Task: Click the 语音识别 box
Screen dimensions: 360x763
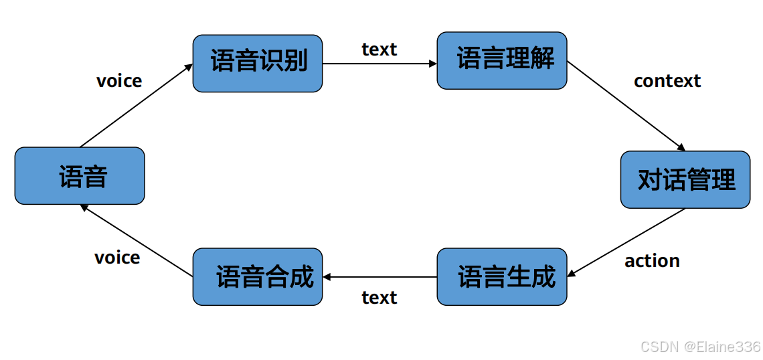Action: point(258,63)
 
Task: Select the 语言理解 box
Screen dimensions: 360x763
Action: point(502,60)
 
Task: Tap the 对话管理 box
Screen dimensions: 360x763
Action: point(685,179)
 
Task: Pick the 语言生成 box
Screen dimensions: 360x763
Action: point(502,276)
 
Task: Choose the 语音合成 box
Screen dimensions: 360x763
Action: point(258,276)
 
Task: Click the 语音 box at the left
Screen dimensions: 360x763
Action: point(80,176)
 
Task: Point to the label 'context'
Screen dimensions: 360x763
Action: point(667,81)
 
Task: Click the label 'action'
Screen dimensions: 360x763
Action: point(652,261)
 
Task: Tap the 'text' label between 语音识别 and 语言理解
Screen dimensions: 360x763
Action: point(379,50)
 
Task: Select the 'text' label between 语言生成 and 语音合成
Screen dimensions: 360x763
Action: point(379,297)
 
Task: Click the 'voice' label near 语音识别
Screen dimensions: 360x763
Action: point(119,81)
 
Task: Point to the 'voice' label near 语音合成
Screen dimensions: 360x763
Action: point(117,258)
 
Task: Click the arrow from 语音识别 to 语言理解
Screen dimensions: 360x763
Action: point(379,64)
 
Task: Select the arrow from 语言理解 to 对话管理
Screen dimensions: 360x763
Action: point(626,105)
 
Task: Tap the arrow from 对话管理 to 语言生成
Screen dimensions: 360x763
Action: point(626,242)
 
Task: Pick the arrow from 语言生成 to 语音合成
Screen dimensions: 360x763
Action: point(379,277)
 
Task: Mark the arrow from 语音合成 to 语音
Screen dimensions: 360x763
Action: point(137,241)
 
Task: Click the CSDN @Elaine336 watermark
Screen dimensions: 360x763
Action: point(700,347)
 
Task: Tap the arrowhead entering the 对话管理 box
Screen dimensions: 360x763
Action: point(681,148)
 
